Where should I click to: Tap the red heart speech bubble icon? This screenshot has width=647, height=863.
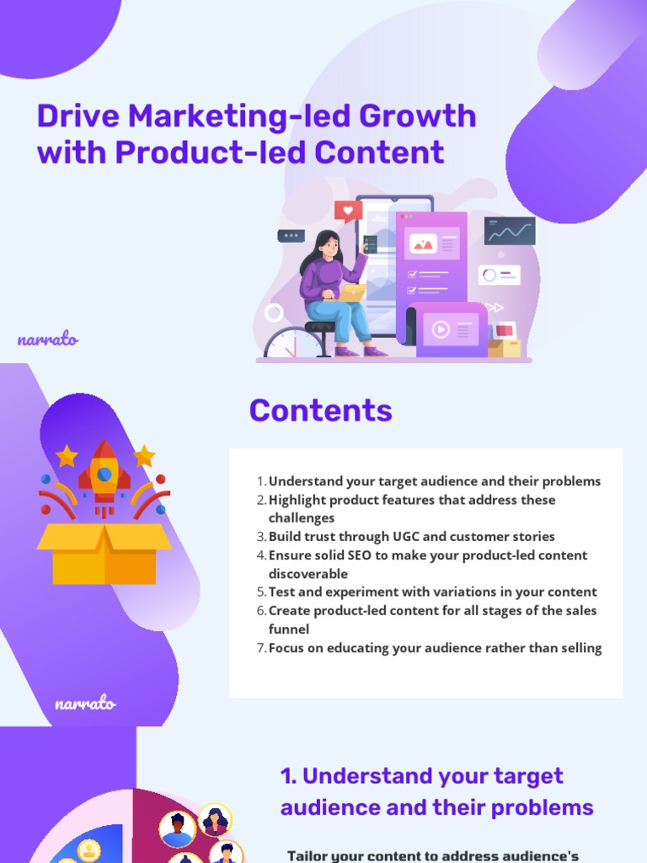tap(347, 211)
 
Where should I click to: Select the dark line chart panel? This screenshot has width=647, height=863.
tap(510, 231)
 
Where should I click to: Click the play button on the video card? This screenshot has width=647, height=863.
tap(441, 330)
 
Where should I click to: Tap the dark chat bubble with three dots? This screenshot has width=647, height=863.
tap(290, 236)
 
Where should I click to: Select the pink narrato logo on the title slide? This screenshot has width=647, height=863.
tap(47, 340)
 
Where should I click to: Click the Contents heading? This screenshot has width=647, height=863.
tap(320, 410)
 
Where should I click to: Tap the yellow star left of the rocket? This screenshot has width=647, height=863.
tap(67, 456)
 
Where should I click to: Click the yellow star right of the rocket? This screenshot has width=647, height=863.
tap(144, 456)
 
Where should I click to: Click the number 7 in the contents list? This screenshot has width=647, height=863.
tap(260, 648)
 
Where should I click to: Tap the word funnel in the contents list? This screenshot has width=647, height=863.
tap(289, 630)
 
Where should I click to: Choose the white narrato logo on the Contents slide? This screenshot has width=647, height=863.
tap(85, 703)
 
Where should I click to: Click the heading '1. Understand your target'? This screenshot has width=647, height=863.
tap(421, 776)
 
